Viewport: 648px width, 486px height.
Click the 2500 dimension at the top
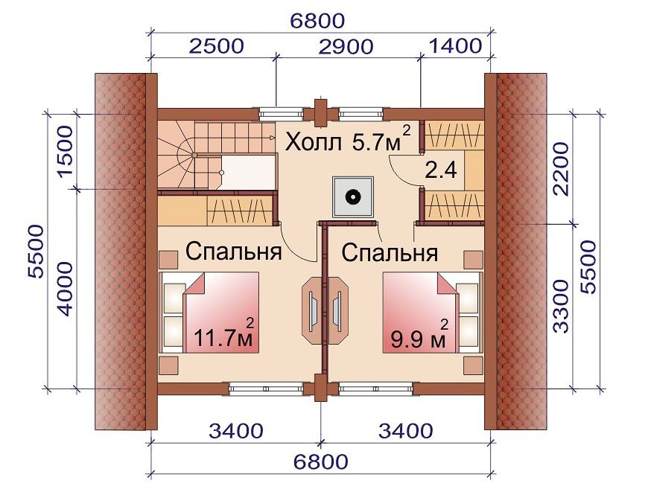217,46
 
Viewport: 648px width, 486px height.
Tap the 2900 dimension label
346,47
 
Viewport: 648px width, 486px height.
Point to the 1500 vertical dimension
66,152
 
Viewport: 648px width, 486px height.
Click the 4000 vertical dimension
65,289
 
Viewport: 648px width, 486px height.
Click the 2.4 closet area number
441,170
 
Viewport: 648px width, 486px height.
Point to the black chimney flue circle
352,196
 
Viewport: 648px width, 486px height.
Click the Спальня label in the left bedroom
233,251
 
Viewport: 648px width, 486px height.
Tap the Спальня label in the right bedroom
390,252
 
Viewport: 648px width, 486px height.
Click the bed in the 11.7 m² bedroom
210,312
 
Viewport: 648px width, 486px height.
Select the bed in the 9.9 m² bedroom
432,312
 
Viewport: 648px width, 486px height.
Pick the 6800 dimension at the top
317,21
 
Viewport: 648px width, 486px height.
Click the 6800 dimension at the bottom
321,461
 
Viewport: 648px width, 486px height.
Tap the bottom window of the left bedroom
266,389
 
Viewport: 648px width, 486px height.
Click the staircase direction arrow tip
273,137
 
